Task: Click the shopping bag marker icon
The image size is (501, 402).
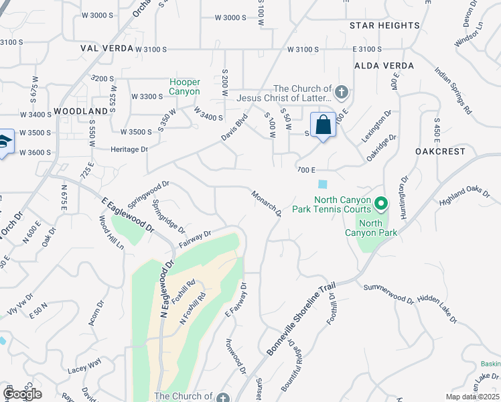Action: point(324,125)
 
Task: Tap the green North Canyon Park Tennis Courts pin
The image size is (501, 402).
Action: point(380,202)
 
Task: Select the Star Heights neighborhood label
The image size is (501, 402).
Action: point(384,25)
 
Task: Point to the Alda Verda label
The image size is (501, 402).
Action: point(384,66)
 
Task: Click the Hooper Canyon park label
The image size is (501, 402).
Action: point(184,86)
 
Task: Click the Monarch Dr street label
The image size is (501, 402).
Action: point(267,203)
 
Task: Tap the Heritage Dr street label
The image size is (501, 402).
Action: point(129,149)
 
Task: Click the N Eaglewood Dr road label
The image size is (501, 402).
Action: point(162,287)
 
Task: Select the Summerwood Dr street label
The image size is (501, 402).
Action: point(389,293)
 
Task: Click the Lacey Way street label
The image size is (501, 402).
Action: point(84,366)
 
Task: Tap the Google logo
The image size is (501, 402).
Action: point(22,393)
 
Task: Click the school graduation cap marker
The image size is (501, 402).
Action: point(4,142)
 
